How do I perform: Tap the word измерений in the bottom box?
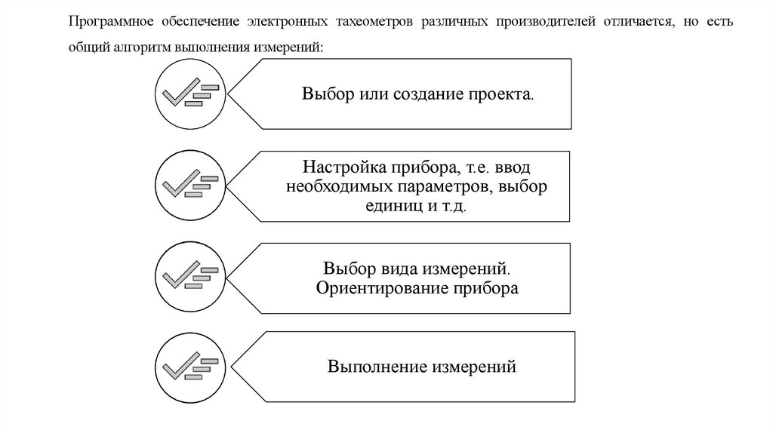coord(474,367)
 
